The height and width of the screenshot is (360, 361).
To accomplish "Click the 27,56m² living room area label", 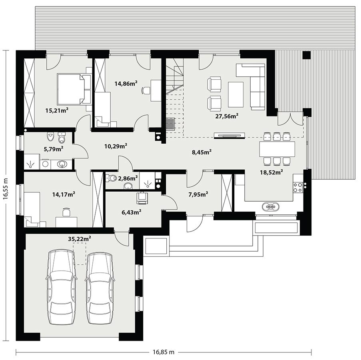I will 227,116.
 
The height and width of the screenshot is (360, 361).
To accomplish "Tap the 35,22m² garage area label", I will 79,239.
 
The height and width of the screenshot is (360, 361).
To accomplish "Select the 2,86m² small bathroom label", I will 130,177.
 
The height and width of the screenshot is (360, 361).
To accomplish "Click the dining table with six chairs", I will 277,149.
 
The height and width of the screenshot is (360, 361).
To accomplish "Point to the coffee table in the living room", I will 236,94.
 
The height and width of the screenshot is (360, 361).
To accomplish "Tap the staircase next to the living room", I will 175,96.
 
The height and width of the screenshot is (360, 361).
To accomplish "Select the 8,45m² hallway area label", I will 201,152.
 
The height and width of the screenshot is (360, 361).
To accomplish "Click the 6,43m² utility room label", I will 132,212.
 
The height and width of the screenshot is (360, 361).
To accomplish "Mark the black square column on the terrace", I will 307,55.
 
